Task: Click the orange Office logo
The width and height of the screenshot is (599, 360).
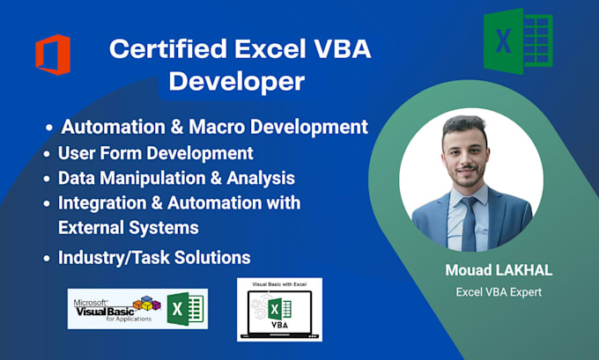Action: tap(53, 55)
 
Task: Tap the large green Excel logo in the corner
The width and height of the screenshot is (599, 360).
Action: tap(518, 41)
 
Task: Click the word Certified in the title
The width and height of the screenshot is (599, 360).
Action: tap(168, 49)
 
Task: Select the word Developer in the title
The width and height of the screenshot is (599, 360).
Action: tap(237, 82)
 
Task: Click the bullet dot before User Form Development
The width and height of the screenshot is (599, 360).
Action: tap(47, 154)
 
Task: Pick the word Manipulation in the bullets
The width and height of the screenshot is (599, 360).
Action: tap(152, 179)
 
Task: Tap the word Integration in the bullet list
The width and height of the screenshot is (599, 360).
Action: tap(102, 203)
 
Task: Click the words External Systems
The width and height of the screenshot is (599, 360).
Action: tap(129, 228)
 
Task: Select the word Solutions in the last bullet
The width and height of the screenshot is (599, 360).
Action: tap(212, 258)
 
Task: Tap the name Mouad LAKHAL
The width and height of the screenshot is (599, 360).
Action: tap(499, 270)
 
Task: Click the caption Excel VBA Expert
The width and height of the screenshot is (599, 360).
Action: tap(499, 292)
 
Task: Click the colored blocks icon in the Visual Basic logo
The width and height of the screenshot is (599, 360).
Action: tap(147, 303)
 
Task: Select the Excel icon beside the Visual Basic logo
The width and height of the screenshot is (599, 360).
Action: tap(185, 309)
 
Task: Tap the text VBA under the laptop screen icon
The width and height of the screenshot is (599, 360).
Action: tap(279, 325)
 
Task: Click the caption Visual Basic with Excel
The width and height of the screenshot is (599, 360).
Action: tap(279, 284)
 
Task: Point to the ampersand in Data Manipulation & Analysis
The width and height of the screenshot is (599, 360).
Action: tap(216, 179)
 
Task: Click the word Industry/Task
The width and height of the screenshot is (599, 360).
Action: tap(114, 258)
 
